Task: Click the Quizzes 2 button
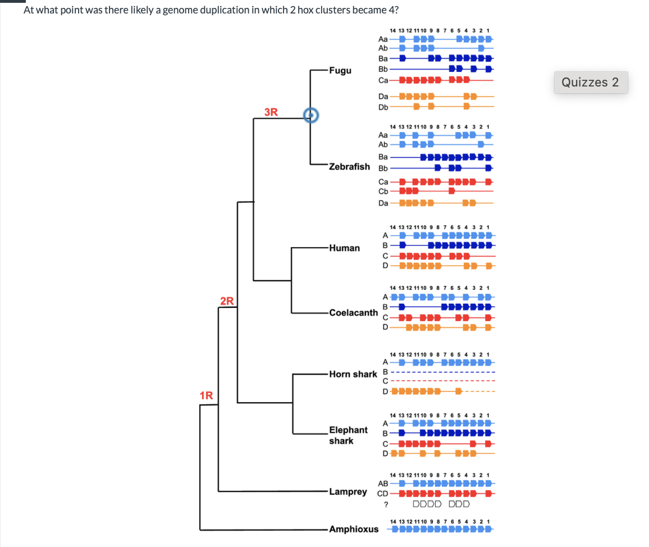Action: (x=591, y=82)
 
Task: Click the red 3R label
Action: (x=271, y=111)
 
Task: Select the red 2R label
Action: (x=227, y=300)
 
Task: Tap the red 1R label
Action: (x=207, y=395)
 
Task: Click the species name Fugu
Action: (x=341, y=70)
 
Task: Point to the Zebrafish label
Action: (x=349, y=167)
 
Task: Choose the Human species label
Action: (x=345, y=248)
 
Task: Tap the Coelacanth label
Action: (x=353, y=312)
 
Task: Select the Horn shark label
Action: (x=353, y=374)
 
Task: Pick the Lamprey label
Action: (x=348, y=491)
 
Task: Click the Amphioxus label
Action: (x=354, y=529)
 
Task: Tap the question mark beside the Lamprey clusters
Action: (x=385, y=504)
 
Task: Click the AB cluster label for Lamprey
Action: (x=383, y=483)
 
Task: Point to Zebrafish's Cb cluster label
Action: (x=383, y=191)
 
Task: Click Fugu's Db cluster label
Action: (x=383, y=106)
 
